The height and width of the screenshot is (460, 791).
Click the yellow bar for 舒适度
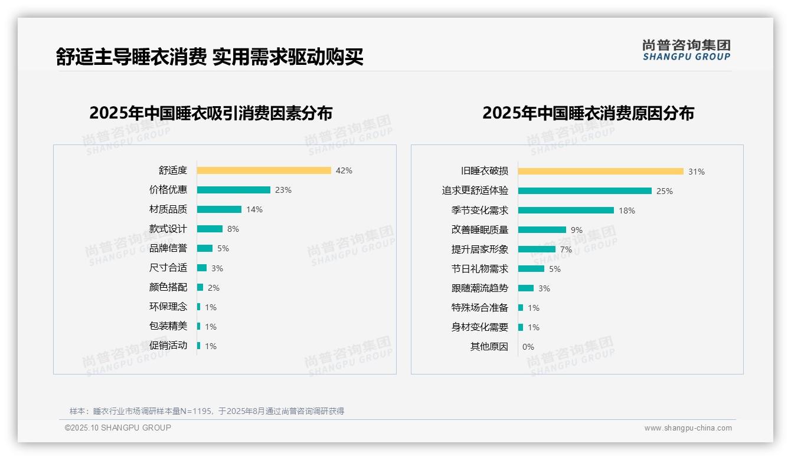[x=264, y=170]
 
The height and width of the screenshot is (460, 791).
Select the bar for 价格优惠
[x=234, y=190]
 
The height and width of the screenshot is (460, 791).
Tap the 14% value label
[x=254, y=209]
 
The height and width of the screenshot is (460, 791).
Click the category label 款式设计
[x=168, y=229]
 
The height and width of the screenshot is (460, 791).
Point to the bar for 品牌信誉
[x=205, y=248]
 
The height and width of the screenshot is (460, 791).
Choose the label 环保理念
[x=168, y=307]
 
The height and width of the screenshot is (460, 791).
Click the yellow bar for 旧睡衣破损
[x=601, y=172]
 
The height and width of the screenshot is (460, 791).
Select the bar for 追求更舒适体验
[x=585, y=191]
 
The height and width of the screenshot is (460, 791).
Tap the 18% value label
[x=627, y=211]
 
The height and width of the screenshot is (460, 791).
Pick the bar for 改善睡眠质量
[x=542, y=230]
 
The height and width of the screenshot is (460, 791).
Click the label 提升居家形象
[x=480, y=249]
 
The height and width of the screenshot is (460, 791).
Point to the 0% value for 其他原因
[x=528, y=347]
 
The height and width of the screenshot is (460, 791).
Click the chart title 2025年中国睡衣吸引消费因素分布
[x=211, y=113]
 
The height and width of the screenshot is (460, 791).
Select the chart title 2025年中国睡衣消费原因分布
[x=588, y=113]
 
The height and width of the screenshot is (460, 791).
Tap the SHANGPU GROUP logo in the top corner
[x=687, y=50]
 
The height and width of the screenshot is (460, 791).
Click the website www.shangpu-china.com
[x=688, y=428]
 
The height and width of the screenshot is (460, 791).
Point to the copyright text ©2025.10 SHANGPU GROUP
[x=118, y=428]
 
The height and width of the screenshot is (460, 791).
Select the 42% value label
[x=344, y=170]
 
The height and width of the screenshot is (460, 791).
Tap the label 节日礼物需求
[x=480, y=269]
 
